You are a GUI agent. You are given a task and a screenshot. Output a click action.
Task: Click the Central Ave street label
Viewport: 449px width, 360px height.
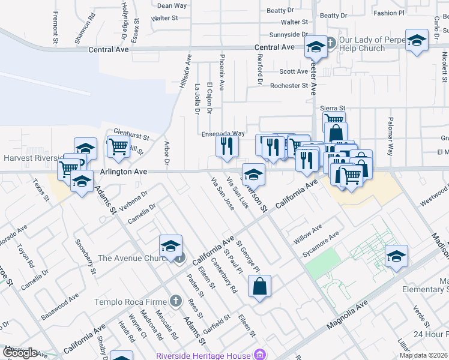[x=274, y=47]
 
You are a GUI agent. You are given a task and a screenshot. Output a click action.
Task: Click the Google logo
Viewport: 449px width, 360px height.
[x=19, y=353]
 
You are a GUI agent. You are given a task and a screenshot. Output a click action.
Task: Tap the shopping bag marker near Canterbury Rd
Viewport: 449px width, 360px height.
[x=259, y=287]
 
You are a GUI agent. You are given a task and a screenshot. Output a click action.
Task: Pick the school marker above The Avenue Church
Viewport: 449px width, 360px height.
[x=171, y=246]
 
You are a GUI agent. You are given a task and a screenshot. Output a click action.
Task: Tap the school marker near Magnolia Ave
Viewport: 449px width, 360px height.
[x=396, y=257]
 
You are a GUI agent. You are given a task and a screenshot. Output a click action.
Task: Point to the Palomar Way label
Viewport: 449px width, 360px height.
[x=391, y=137]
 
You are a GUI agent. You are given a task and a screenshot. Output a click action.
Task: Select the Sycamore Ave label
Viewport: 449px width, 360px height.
[x=321, y=243]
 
